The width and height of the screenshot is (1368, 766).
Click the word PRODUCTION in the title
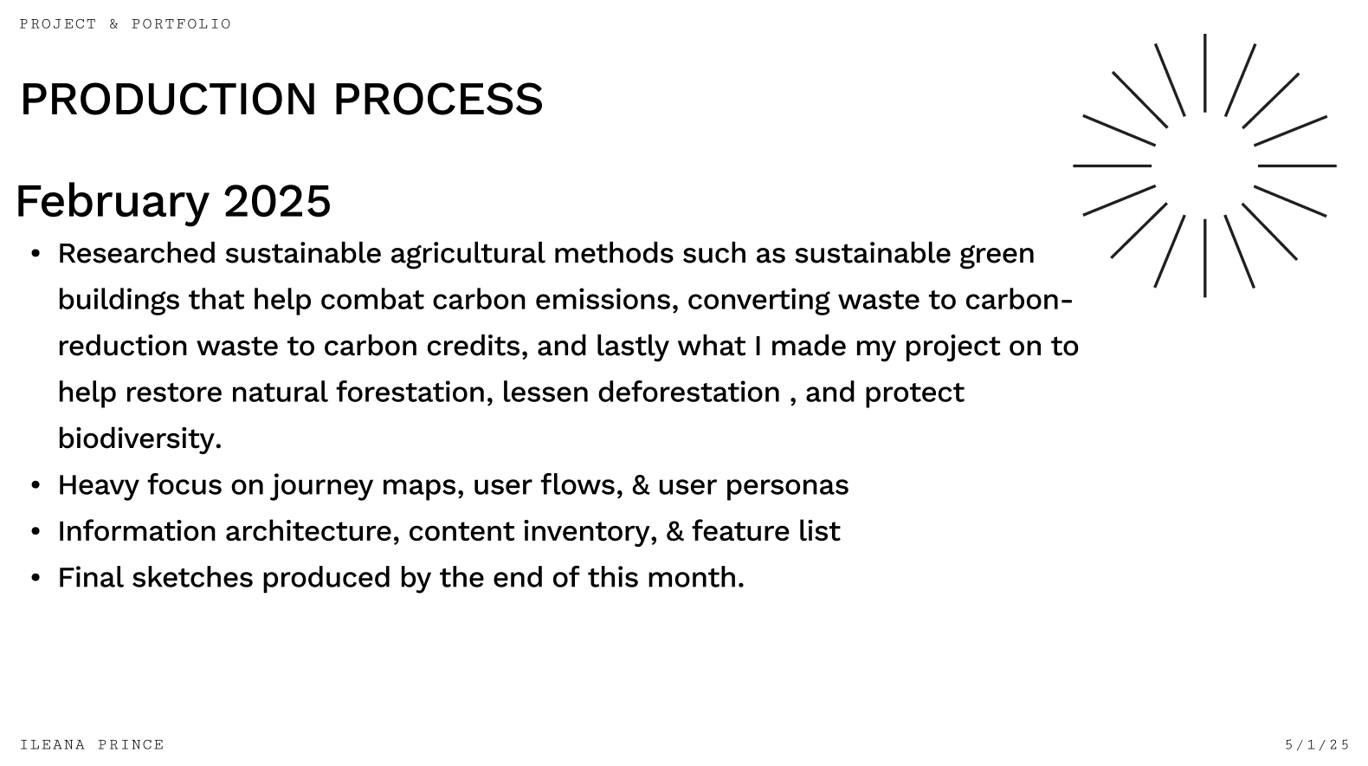click(169, 99)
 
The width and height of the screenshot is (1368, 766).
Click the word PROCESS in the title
click(438, 99)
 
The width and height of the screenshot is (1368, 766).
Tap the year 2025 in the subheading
click(277, 201)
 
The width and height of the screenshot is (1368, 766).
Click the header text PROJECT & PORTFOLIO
click(126, 24)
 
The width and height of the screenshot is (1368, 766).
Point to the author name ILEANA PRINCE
click(93, 744)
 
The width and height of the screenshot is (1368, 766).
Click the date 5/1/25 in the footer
click(1317, 744)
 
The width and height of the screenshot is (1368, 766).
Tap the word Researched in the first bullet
click(137, 253)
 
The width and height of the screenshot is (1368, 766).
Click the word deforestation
click(689, 392)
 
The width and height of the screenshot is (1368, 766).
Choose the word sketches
click(192, 577)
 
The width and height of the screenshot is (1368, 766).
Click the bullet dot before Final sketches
click(35, 578)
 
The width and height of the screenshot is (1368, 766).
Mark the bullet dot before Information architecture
click(35, 531)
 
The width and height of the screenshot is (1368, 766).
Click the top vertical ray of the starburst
click(1205, 74)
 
